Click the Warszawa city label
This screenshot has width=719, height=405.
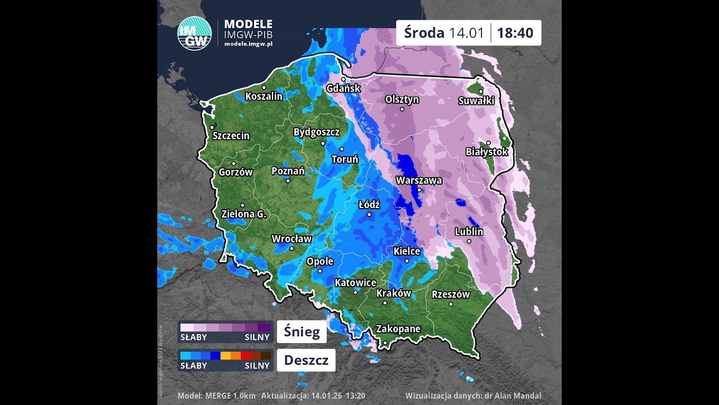pyautogui.click(x=419, y=181)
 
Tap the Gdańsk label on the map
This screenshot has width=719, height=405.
pyautogui.click(x=343, y=88)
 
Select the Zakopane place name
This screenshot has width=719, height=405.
pyautogui.click(x=398, y=329)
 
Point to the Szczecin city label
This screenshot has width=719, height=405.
pyautogui.click(x=231, y=136)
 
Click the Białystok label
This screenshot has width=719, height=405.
pyautogui.click(x=486, y=152)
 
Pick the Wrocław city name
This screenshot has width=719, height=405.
pyautogui.click(x=292, y=238)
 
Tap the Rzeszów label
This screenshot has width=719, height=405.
pyautogui.click(x=450, y=294)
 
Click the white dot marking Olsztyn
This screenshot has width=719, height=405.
pyautogui.click(x=402, y=109)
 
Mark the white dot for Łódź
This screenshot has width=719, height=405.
pyautogui.click(x=369, y=214)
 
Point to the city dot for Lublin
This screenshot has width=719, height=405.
pyautogui.click(x=469, y=241)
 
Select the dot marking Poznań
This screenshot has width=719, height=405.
pyautogui.click(x=288, y=181)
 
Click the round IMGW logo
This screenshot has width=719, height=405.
pyautogui.click(x=194, y=34)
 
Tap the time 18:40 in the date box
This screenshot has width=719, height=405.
pyautogui.click(x=515, y=33)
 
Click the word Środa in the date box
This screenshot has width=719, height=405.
pyautogui.click(x=424, y=33)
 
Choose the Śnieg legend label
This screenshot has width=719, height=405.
pyautogui.click(x=302, y=332)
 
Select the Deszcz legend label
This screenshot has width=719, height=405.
pyautogui.click(x=306, y=360)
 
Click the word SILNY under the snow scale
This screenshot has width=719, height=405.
pyautogui.click(x=257, y=337)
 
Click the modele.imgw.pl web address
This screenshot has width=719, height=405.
pyautogui.click(x=248, y=44)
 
